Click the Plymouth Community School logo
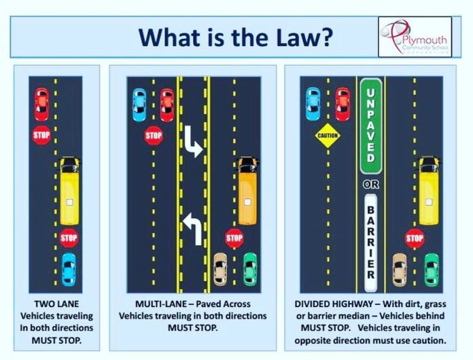pyautogui.click(x=415, y=37)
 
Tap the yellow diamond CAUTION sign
pyautogui.click(x=328, y=135)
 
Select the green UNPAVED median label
pyautogui.click(x=371, y=126)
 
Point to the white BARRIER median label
pyautogui.click(x=371, y=243)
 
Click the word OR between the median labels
pyautogui.click(x=371, y=184)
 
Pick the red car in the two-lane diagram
pyautogui.click(x=41, y=105)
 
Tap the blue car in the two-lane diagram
pyautogui.click(x=69, y=270)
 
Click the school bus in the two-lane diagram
pyautogui.click(x=69, y=191)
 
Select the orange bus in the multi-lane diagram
pyautogui.click(x=247, y=190)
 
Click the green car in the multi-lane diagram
pyautogui.click(x=250, y=269)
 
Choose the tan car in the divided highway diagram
pyautogui.click(x=400, y=270)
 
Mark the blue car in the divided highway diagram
pyautogui.click(x=313, y=104)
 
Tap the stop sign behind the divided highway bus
pyautogui.click(x=415, y=238)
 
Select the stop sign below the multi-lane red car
pyautogui.click(x=154, y=136)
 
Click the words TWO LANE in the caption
pyautogui.click(x=56, y=304)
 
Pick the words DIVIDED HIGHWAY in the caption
pyautogui.click(x=334, y=304)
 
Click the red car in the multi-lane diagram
pyautogui.click(x=167, y=105)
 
